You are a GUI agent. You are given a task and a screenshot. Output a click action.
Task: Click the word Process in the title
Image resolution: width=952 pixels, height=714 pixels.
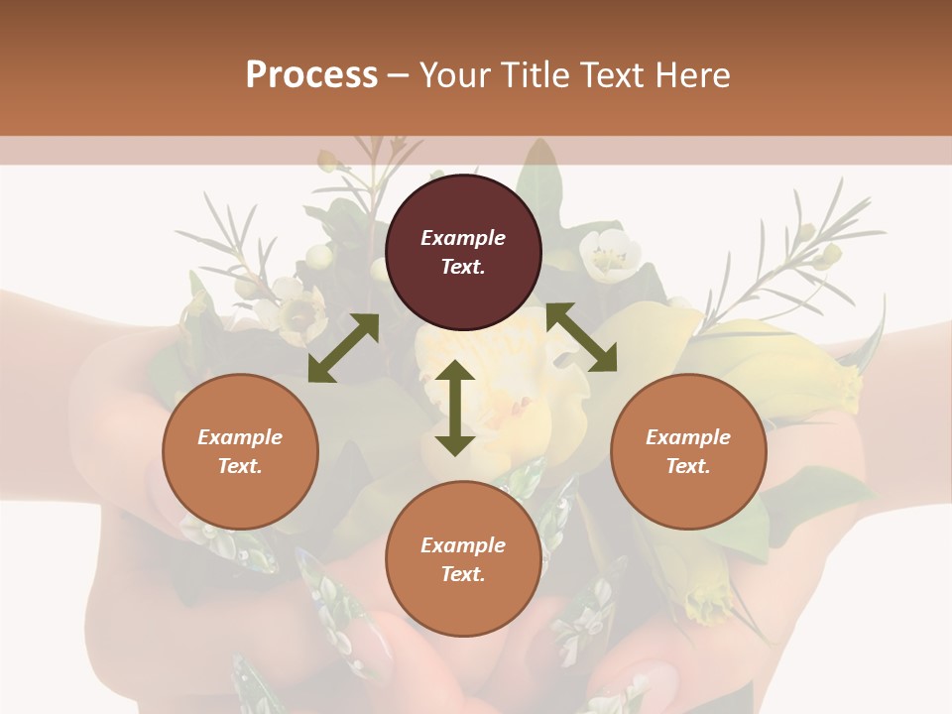(311, 75)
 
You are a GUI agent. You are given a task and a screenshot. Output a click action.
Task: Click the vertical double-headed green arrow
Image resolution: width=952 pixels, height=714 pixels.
(455, 408)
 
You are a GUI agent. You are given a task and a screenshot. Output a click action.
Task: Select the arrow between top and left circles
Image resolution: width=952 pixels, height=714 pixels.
(343, 348)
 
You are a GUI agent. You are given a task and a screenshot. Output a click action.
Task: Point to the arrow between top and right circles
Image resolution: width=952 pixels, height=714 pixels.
(581, 337)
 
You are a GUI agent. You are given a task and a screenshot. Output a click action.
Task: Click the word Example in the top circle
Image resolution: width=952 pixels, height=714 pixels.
(463, 238)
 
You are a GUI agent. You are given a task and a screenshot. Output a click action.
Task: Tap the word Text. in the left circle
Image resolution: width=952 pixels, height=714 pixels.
(240, 466)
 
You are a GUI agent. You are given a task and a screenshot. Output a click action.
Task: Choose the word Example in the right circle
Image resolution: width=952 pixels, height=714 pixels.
(688, 437)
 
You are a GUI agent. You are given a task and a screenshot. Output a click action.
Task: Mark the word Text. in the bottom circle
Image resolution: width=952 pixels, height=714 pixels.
(463, 574)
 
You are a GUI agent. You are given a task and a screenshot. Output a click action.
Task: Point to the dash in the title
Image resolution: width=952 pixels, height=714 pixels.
(399, 75)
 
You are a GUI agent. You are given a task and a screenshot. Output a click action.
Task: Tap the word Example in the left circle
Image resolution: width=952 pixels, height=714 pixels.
(240, 437)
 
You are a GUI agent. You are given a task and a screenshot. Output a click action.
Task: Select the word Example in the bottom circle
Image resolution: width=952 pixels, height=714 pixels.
(463, 545)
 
